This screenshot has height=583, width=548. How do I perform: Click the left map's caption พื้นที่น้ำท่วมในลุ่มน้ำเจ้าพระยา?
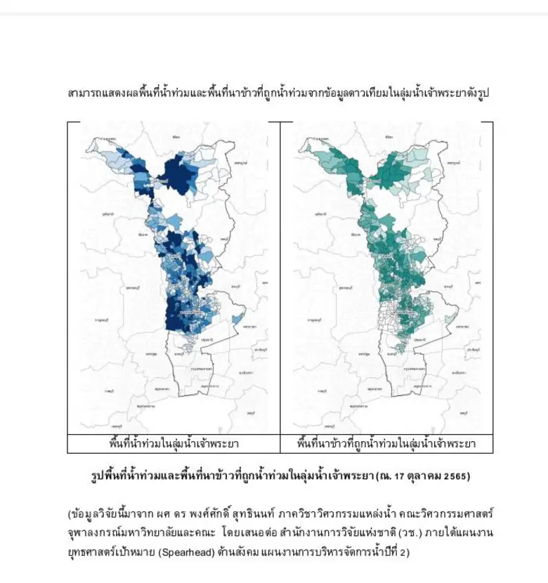tap(174, 444)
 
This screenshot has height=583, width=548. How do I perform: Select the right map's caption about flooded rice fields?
tap(386, 444)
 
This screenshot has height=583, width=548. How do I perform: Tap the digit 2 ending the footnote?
tap(403, 552)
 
